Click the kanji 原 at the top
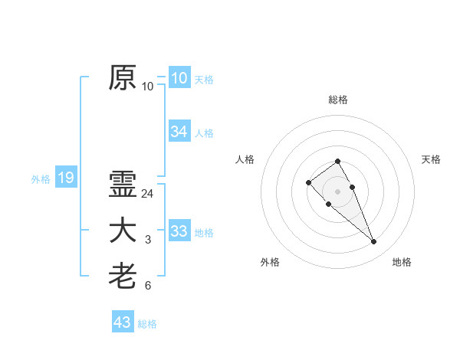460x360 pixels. (x=123, y=77)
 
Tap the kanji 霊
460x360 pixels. (x=123, y=185)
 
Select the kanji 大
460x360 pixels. (x=123, y=231)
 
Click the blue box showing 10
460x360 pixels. (x=179, y=77)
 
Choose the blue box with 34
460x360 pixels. (x=179, y=132)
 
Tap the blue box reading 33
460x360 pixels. (x=179, y=231)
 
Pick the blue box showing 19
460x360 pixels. (x=65, y=178)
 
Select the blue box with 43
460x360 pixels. (x=122, y=322)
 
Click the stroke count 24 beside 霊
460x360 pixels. (x=148, y=194)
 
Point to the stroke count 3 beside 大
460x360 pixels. (x=148, y=241)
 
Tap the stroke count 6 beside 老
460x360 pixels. (x=148, y=286)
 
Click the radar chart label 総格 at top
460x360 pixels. (x=338, y=100)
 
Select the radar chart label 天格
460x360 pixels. (x=431, y=159)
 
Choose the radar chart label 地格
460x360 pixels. (x=402, y=262)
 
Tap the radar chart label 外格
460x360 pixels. (x=270, y=262)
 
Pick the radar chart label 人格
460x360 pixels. (x=245, y=159)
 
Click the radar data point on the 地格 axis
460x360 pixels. (x=373, y=242)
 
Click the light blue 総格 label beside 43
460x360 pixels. (x=147, y=324)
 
